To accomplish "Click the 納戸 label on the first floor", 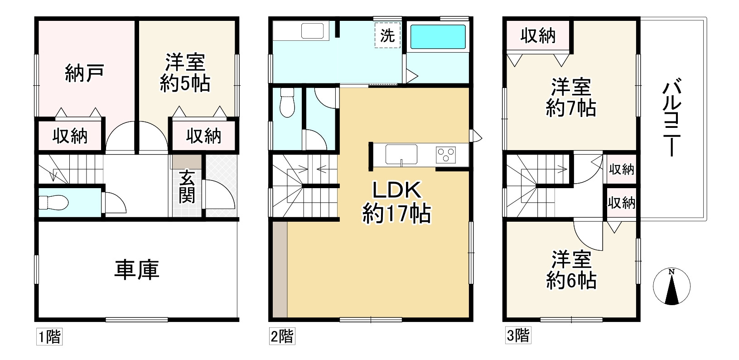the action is pyautogui.click(x=85, y=73).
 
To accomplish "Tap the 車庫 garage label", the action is pyautogui.click(x=137, y=270).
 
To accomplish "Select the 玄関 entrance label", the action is pyautogui.click(x=187, y=187).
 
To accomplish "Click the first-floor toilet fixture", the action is pyautogui.click(x=53, y=202).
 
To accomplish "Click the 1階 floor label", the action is pyautogui.click(x=49, y=337).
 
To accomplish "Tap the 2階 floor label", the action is pyautogui.click(x=282, y=336).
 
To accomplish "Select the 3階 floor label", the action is pyautogui.click(x=518, y=336).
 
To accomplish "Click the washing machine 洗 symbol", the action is pyautogui.click(x=387, y=35).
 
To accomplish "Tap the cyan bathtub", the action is pyautogui.click(x=438, y=37).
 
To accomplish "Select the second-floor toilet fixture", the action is pyautogui.click(x=287, y=102).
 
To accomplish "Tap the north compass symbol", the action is pyautogui.click(x=671, y=286).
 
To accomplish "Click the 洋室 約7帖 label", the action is pyautogui.click(x=571, y=97).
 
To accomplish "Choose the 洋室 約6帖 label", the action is pyautogui.click(x=571, y=270).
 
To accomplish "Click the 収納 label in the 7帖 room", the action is pyautogui.click(x=538, y=35).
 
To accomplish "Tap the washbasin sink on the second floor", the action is pyautogui.click(x=312, y=31).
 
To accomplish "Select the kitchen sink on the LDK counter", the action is pyautogui.click(x=401, y=154).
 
